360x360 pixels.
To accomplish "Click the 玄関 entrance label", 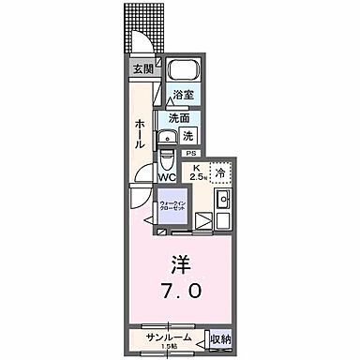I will pos(143,69).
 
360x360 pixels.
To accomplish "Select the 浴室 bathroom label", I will pos(182,96).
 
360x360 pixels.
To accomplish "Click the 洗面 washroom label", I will pos(179,118).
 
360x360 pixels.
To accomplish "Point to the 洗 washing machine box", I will pos(187,135).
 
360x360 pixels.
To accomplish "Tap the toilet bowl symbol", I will pos(166,151).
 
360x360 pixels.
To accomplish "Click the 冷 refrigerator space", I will pos(217,172).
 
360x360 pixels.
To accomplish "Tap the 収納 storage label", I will pos(218,338).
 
